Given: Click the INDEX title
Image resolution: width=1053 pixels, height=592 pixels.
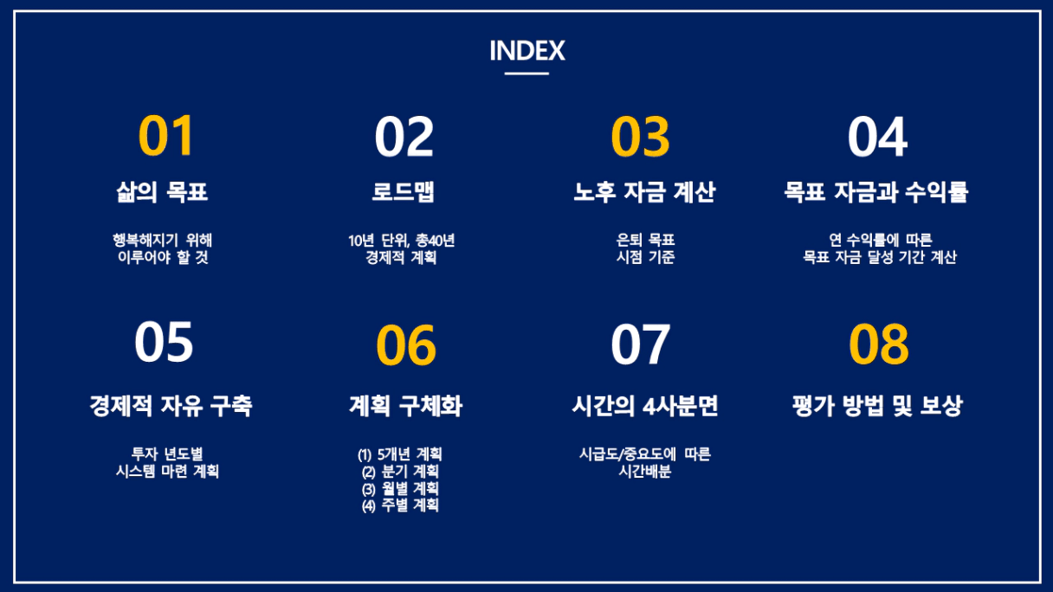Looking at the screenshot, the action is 527,50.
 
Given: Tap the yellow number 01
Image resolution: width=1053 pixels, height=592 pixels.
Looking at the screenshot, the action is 166,136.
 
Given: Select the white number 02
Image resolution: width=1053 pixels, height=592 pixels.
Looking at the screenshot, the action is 404,137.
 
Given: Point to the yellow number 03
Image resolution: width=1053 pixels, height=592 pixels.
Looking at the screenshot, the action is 640,137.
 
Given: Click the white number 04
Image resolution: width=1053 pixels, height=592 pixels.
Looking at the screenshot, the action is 878,137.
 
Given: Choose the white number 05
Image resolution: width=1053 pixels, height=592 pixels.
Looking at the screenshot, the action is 164,342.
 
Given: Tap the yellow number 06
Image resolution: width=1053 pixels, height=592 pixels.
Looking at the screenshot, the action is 406,344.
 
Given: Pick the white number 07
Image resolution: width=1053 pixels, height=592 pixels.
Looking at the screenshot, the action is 640,344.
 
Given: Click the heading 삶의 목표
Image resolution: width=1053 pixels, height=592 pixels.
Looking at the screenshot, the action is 162,191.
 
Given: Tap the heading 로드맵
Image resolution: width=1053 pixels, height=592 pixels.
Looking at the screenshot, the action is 403,191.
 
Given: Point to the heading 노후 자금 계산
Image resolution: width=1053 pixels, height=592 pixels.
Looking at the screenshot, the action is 644,191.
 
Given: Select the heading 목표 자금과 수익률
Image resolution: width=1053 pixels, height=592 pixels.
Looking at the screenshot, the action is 875,192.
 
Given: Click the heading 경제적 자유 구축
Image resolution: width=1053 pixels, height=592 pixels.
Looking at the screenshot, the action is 171,406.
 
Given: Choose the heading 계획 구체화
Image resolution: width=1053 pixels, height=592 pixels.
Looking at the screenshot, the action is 405,406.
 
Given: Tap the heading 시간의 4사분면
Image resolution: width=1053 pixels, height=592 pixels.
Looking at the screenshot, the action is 644,406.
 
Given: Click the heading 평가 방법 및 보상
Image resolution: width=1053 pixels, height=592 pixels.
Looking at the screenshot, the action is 878,406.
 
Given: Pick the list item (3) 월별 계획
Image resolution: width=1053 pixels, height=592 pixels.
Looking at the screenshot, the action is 400,489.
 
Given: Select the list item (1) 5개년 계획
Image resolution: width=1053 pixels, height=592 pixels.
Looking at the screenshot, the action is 399,454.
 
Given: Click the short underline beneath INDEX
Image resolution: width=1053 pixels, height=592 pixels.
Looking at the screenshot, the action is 526,74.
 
